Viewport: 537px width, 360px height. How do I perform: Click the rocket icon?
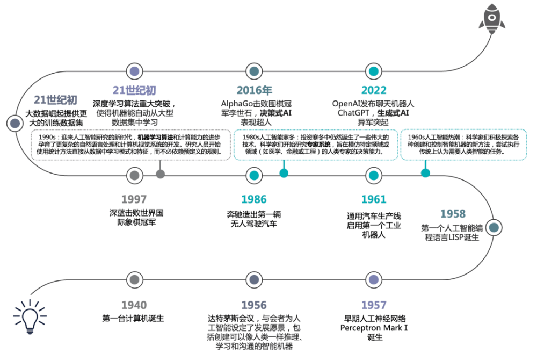point(492,18)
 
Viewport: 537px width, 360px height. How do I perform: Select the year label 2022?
point(374,90)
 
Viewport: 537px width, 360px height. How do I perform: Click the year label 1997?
point(134,199)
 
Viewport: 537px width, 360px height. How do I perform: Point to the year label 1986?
point(254,199)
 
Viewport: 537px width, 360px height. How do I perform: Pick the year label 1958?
point(453,214)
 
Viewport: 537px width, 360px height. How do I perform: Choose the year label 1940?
point(134,305)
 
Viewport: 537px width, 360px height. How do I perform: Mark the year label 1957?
point(374,305)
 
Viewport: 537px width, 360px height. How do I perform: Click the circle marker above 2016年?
point(254,71)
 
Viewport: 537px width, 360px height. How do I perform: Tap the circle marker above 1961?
point(374,176)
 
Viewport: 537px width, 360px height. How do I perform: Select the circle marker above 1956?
point(254,280)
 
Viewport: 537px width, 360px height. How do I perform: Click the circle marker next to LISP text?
point(494,227)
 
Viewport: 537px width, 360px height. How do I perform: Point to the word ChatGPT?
point(353,113)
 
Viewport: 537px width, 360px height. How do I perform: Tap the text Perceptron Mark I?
point(374,328)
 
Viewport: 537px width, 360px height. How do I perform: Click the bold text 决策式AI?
point(275,113)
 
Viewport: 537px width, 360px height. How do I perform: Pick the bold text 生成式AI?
point(393,113)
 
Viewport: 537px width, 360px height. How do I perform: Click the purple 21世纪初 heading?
point(134,90)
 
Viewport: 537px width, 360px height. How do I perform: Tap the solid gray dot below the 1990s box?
point(160,174)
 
